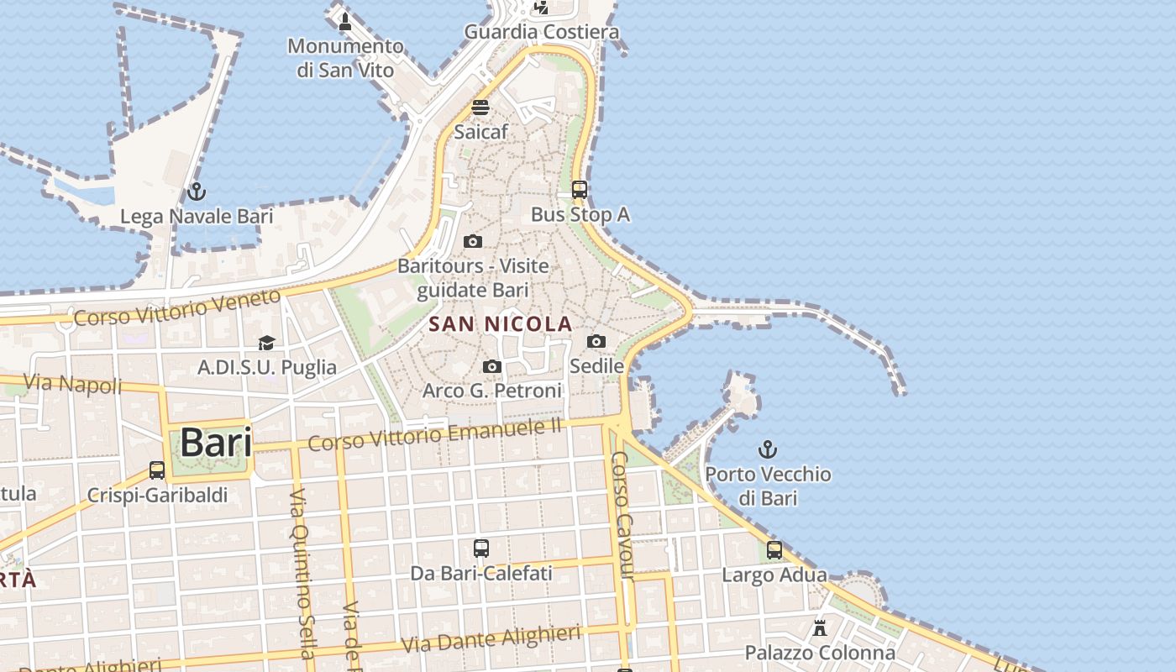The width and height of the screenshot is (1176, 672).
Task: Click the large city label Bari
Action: [x=216, y=443]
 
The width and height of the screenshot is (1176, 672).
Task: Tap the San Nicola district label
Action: [x=501, y=324]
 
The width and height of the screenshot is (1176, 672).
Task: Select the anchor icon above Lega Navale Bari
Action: [x=197, y=192]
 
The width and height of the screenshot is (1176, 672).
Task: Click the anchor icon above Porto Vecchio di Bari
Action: [x=767, y=449]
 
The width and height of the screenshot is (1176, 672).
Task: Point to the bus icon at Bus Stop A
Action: [x=580, y=190]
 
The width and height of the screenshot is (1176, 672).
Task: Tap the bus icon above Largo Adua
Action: [x=774, y=550]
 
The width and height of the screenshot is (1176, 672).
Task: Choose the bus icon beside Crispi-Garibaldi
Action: [x=157, y=470]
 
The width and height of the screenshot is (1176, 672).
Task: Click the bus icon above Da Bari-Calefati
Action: [x=481, y=549]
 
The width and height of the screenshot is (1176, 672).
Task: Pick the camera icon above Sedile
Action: [x=596, y=341]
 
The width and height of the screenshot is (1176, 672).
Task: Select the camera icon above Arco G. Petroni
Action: [x=493, y=366]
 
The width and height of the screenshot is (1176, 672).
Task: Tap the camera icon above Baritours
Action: [x=473, y=242]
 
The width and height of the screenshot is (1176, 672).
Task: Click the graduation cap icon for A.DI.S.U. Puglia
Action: [x=266, y=343]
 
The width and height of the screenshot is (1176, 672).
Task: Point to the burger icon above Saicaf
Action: [x=480, y=108]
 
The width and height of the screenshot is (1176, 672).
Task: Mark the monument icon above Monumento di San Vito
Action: [x=344, y=21]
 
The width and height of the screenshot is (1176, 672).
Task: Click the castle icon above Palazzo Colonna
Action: [x=820, y=627]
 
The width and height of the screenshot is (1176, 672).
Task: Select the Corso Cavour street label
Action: [x=622, y=515]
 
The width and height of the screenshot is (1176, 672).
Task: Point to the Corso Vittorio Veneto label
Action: [x=176, y=307]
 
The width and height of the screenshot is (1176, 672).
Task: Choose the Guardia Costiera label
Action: [x=542, y=32]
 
